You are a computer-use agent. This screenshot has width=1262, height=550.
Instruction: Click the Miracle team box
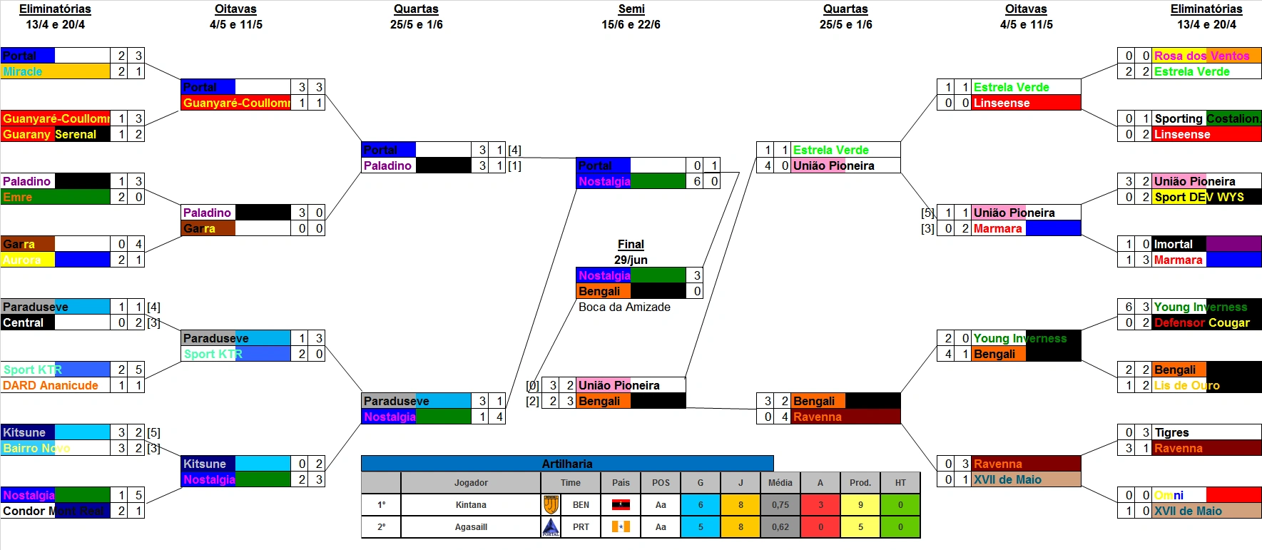[56, 71]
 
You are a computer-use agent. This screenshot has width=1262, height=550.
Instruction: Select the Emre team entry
[56, 197]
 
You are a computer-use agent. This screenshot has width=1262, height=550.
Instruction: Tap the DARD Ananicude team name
[56, 385]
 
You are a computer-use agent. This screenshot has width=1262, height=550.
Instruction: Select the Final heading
[631, 244]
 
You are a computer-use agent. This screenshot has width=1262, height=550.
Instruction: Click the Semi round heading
[631, 9]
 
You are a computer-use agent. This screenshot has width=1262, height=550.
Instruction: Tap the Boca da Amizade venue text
[624, 307]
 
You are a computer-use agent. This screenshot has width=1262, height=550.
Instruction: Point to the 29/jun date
[631, 260]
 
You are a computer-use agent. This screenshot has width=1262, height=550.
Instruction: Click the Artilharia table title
[567, 464]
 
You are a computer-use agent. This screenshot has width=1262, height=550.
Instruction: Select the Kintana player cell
[471, 505]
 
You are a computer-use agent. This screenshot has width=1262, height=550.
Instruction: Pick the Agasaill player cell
[471, 527]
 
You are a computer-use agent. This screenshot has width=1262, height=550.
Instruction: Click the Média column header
[780, 483]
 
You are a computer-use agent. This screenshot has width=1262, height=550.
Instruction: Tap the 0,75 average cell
[780, 505]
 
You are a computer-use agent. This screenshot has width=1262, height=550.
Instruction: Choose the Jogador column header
[471, 483]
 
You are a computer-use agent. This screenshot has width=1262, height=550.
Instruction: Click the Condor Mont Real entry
[56, 511]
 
